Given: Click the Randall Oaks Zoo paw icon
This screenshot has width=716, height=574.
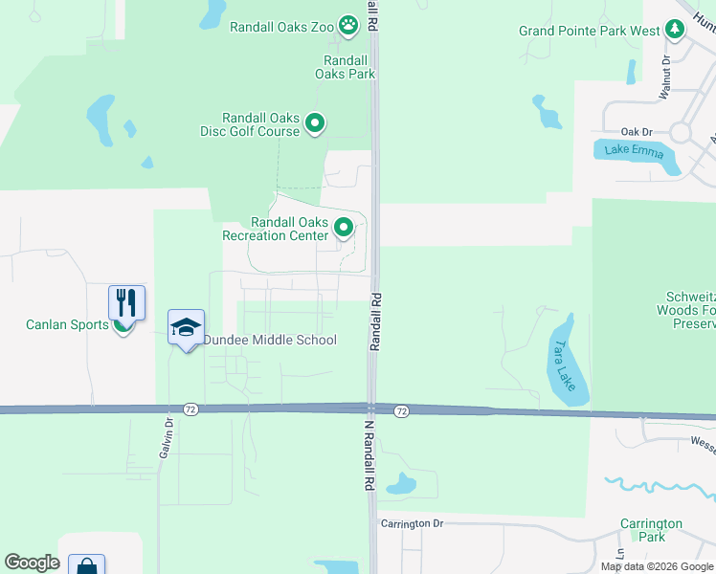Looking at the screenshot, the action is coord(347,27).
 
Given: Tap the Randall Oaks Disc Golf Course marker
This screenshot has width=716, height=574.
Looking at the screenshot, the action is coord(315,122).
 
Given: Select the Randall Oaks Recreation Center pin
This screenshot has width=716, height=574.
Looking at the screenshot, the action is coord(344,228).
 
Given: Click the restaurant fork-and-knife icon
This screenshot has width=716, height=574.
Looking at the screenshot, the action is coord(126,303).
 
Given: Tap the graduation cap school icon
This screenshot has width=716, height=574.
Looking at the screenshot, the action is coord(186,328).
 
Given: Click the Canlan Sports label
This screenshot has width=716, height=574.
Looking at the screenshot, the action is coord(67,325).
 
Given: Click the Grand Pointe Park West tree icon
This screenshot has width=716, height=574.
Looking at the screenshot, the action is coord(676,31).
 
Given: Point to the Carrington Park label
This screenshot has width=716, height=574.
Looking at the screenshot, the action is coord(650,530).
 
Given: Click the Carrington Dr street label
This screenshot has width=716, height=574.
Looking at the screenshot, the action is coord(413,523).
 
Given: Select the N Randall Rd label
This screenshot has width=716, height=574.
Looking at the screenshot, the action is coord(368,460).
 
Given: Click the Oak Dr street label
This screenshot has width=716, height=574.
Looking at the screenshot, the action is coord(636,132).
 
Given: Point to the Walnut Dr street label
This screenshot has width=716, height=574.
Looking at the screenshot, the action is coord(665,77).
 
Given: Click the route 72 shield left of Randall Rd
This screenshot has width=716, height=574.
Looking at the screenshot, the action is coord(191,409).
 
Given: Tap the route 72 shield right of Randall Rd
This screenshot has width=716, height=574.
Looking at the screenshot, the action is coord(401,410).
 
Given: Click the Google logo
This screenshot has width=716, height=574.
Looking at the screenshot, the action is coord(32,563).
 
